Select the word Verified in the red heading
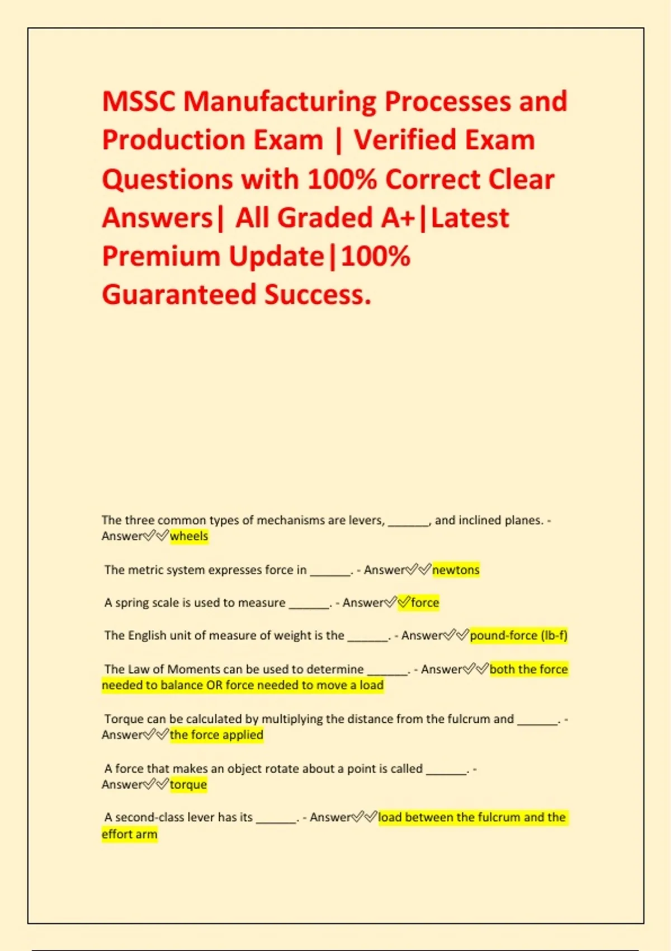pos(407,140)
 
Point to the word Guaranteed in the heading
pos(178,295)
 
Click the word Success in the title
pos(317,295)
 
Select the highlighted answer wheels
pos(189,536)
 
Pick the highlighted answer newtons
pos(456,570)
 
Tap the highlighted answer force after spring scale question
pos(425,602)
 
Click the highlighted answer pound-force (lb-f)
pos(518,635)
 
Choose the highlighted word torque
pos(188,784)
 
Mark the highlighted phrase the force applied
pos(216,735)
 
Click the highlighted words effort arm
pos(130,834)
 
